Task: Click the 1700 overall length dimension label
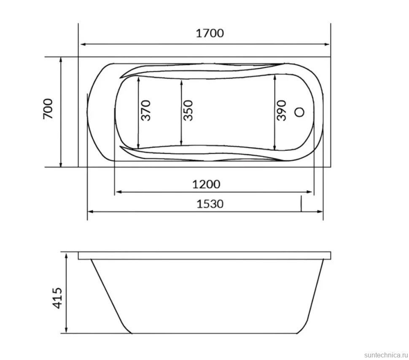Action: click(x=210, y=33)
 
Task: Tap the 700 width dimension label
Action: click(x=48, y=109)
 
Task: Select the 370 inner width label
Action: click(x=146, y=110)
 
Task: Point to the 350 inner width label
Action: click(x=188, y=110)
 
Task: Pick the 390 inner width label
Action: click(x=281, y=110)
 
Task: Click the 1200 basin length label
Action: click(x=206, y=185)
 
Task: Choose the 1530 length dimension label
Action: click(x=210, y=204)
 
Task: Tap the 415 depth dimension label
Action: click(x=57, y=298)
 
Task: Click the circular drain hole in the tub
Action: click(x=299, y=112)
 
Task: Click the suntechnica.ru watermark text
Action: click(x=386, y=355)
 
